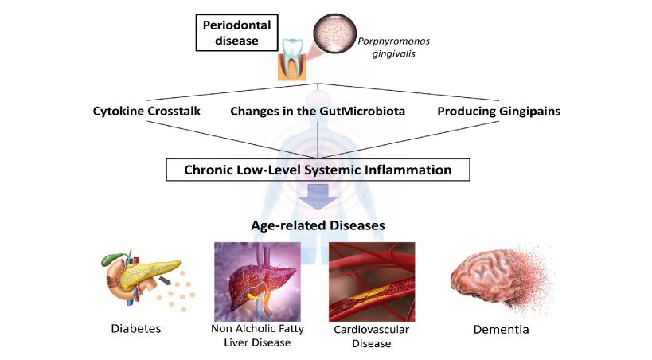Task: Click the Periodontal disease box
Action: tap(236, 33)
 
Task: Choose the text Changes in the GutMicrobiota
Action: tap(318, 112)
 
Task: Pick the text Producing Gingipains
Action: tap(498, 112)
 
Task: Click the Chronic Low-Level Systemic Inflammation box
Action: tap(318, 170)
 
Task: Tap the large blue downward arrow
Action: tap(318, 198)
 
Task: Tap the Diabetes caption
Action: tap(136, 327)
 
